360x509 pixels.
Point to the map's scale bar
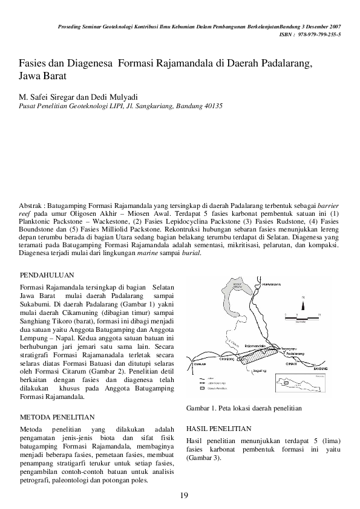pos(298,317)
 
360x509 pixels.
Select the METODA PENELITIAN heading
pos(57,417)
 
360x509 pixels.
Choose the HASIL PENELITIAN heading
pos(218,427)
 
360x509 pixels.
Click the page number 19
pos(185,496)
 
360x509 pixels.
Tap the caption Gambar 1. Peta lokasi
pos(243,408)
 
